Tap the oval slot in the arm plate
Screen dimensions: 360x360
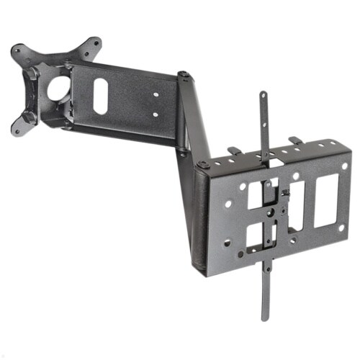[x=100, y=95]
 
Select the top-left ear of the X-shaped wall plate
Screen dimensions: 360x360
[x=17, y=51]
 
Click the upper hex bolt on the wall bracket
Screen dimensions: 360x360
[x=32, y=73]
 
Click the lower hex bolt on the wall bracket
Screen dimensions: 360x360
[x=30, y=116]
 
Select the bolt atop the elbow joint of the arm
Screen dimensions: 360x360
[x=184, y=74]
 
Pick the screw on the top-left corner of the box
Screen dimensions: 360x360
[x=203, y=165]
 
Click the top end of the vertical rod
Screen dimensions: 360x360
[x=263, y=95]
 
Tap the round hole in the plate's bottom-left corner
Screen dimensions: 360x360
[x=227, y=243]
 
